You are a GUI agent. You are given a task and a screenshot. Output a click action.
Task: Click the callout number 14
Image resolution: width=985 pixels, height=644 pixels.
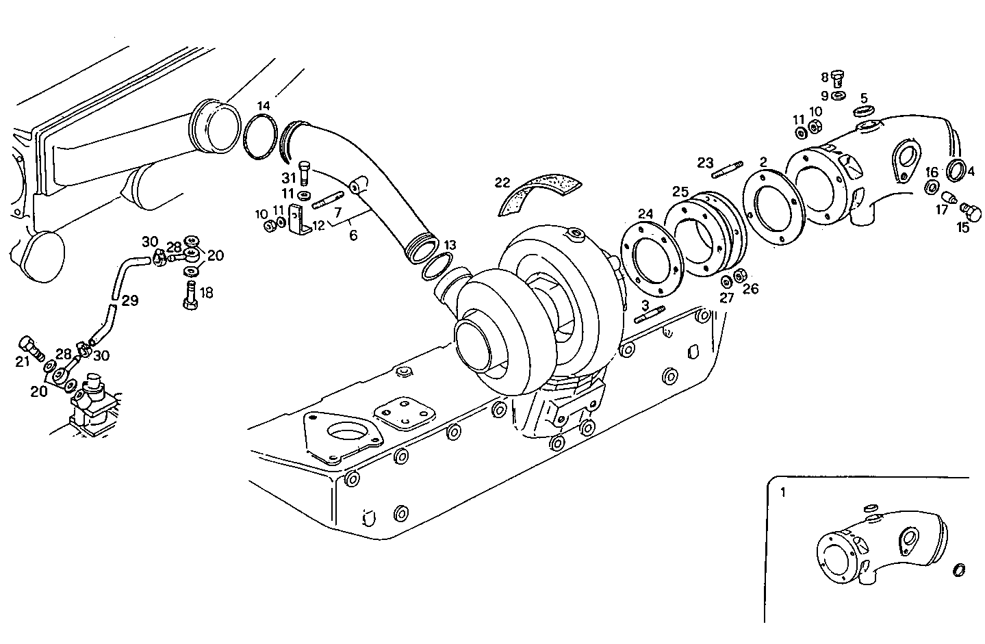[264, 106]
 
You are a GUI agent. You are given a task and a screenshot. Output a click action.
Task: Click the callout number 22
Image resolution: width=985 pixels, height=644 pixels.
[503, 182]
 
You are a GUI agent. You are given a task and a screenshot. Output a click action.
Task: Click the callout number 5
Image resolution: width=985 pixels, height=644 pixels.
[864, 97]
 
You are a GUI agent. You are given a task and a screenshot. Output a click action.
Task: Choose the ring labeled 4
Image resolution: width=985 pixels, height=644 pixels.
[956, 169]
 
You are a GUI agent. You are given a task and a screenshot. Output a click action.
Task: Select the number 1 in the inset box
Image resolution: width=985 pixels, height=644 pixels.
[784, 491]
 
